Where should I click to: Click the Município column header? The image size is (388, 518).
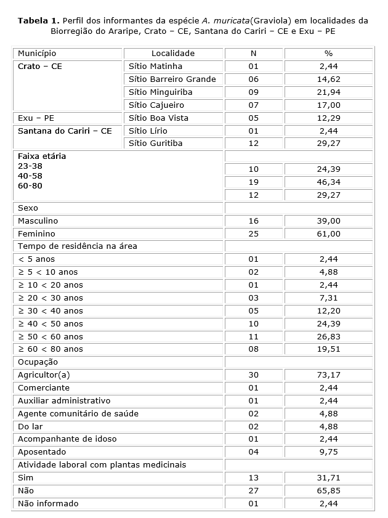(37, 54)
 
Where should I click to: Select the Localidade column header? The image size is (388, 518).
(173, 54)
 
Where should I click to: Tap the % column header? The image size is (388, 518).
(328, 54)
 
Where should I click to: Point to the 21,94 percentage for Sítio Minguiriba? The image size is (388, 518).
(328, 92)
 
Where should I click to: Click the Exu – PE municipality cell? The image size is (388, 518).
(34, 118)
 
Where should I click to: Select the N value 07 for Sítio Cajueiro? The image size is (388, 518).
(254, 105)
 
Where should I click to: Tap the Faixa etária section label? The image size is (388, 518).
(42, 156)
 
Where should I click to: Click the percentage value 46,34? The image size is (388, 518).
(328, 182)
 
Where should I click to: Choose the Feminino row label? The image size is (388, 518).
(36, 234)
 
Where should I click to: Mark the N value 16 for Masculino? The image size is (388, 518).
(254, 221)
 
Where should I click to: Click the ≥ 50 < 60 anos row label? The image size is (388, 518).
(51, 336)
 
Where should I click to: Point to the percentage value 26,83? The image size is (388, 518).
(328, 336)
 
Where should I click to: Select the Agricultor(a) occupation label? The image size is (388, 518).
(44, 374)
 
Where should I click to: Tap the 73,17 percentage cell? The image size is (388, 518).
(328, 374)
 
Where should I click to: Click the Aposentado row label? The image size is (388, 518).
(41, 451)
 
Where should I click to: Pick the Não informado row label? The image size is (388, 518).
(48, 503)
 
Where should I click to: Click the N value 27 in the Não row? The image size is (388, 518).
(254, 490)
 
